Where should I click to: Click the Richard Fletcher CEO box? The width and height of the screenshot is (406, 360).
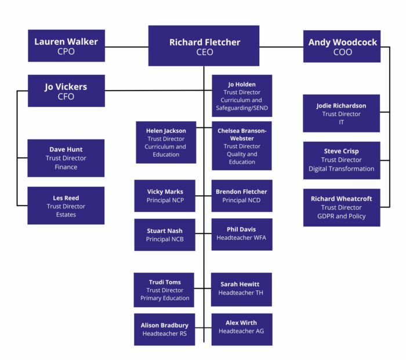pos(204,46)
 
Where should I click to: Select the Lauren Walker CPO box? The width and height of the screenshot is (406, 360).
pos(66,46)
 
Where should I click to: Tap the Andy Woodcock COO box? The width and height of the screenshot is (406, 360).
pos(342,46)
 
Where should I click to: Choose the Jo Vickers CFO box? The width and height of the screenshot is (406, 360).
pos(66,91)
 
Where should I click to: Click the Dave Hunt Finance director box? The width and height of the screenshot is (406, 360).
pos(66,158)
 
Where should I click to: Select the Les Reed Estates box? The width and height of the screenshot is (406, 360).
pos(66,206)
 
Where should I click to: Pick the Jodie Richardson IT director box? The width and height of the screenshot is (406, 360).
pos(341,113)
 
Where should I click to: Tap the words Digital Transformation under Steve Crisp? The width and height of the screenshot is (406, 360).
pos(341,169)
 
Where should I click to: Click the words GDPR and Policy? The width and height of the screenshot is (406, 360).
pos(341,217)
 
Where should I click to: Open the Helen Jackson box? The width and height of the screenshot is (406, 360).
pos(166,142)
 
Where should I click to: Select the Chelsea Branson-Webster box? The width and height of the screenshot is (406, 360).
pos(241,146)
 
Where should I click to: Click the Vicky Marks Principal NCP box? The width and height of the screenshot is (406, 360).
pos(165,196)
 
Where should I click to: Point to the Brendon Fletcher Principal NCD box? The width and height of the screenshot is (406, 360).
pos(241,196)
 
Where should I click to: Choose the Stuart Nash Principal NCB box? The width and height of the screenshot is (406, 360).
pos(165,235)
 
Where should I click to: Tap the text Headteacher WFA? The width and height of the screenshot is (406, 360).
pos(241,238)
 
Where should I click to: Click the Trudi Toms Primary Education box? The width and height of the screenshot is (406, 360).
pos(165,290)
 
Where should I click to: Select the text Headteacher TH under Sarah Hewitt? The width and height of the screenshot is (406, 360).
pos(241,293)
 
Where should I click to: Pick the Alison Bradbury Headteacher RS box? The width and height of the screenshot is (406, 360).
pos(165,329)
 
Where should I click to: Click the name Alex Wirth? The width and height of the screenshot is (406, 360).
pos(241,323)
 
